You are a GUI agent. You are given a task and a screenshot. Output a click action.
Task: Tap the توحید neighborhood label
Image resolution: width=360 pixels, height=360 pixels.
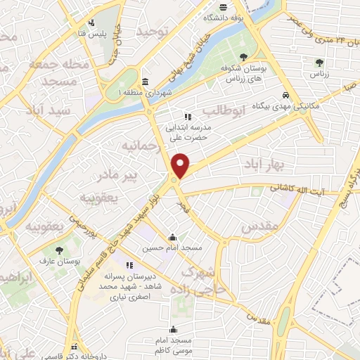tap(154, 32)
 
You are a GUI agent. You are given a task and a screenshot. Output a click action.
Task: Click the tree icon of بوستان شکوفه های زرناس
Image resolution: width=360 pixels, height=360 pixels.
tap(243, 58)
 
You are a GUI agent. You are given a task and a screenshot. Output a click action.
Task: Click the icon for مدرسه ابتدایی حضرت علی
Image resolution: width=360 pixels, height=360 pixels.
tap(187, 117)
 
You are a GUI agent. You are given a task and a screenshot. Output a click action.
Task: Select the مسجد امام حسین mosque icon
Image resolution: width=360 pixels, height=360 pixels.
tap(173, 237)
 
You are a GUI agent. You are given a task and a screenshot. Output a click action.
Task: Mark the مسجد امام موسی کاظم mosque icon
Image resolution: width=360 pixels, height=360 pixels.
tap(173, 330)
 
